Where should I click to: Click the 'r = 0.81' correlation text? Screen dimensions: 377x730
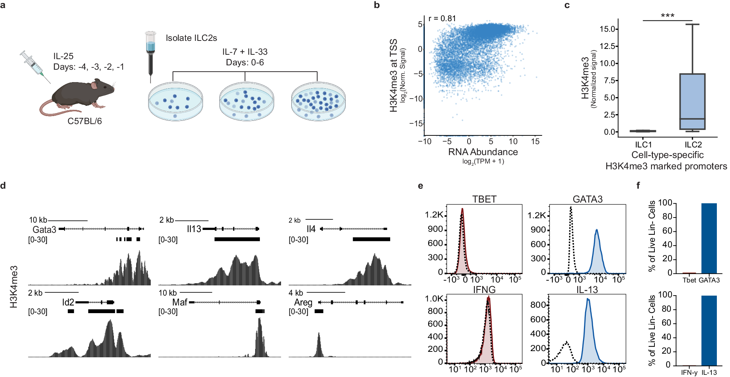click(442, 19)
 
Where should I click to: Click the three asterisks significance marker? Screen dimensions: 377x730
click(667, 16)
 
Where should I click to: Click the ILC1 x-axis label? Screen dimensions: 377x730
click(643, 145)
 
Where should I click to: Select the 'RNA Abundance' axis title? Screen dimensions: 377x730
click(483, 152)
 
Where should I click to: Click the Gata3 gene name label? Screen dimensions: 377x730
click(44, 230)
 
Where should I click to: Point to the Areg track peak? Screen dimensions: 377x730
click(319, 343)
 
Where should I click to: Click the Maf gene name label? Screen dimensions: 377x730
click(180, 302)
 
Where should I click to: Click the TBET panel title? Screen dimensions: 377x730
click(484, 199)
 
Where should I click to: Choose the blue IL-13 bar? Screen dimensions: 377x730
click(709, 330)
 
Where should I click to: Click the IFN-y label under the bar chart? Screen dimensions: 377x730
click(689, 372)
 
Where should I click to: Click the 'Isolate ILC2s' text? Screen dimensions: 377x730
click(191, 38)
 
